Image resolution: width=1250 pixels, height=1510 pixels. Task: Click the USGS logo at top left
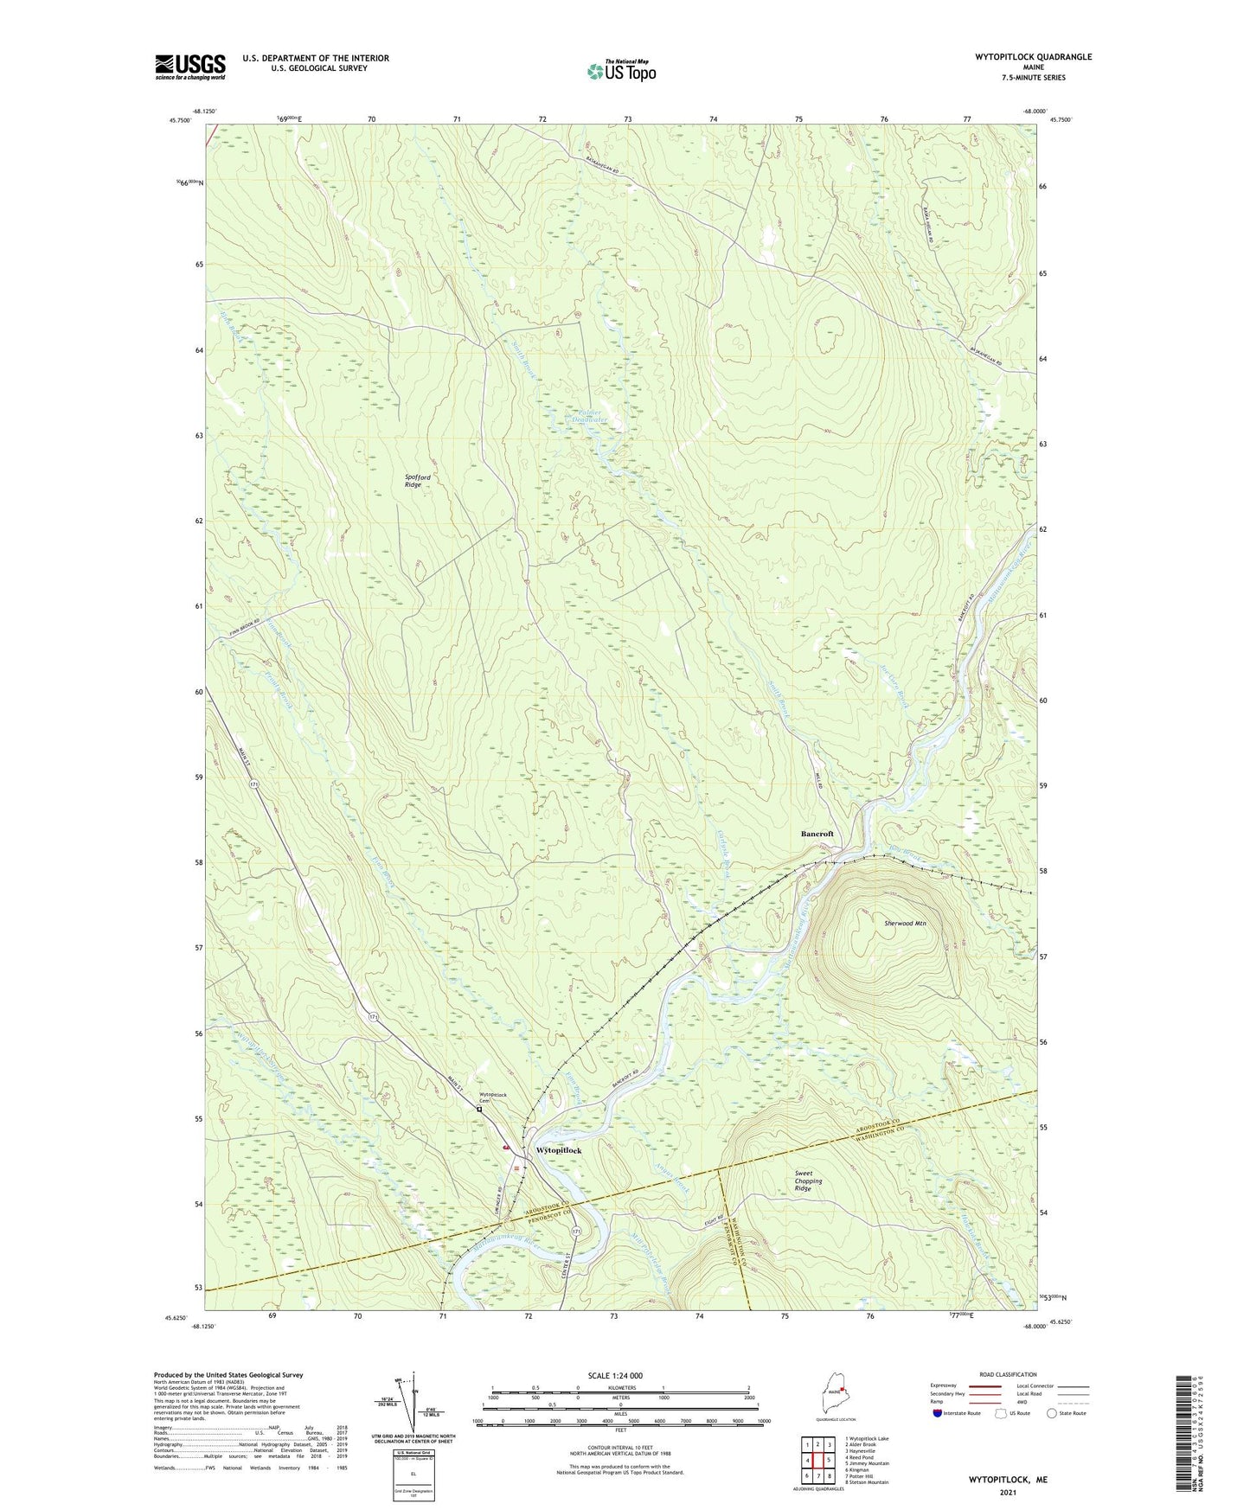(189, 67)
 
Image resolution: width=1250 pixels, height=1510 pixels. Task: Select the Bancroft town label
(817, 834)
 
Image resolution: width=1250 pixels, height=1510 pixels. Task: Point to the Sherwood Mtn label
(905, 924)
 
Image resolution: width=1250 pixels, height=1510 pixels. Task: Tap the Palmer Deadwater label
(589, 416)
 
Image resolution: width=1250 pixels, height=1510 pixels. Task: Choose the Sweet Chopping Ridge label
(809, 1181)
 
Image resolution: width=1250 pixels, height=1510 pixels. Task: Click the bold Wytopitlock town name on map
(560, 1150)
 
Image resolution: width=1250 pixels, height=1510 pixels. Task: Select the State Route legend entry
(1066, 1413)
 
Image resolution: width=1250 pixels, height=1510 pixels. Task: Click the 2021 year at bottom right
(1008, 1493)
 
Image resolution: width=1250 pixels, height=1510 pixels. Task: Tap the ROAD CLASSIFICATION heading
(1008, 1374)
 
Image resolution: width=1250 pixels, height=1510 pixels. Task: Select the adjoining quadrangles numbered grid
(817, 1461)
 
